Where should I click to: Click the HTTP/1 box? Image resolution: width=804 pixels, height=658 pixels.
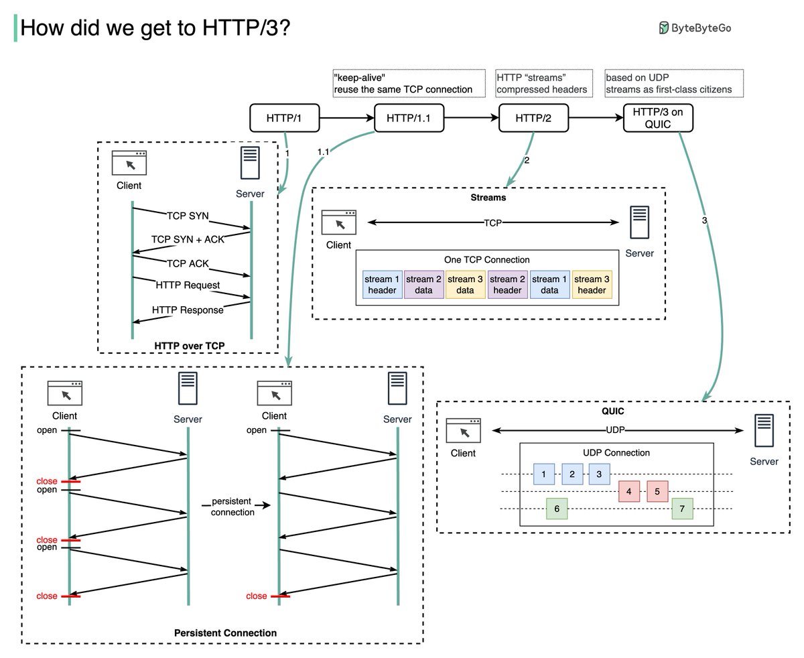coord(284,118)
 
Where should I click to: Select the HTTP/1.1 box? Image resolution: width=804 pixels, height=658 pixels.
coord(409,118)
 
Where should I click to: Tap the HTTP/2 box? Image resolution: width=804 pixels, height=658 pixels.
coord(533,118)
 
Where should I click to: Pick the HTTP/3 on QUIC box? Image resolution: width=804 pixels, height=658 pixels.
coord(657,118)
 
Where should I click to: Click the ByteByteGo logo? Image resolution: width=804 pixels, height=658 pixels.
coord(695,27)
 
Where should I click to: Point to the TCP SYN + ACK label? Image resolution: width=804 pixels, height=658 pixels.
coord(188,239)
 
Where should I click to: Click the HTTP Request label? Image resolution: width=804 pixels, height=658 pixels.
coord(188,285)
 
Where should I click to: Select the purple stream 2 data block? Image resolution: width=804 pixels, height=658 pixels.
coord(423,285)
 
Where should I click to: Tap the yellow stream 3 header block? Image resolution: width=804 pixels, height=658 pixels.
coord(592,285)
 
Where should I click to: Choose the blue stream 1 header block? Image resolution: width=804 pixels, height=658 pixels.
coord(382,285)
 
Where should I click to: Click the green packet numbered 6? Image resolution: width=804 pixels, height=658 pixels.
coord(557,509)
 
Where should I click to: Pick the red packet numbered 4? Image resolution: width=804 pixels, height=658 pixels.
coord(628,491)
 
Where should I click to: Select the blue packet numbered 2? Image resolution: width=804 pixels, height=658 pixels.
coord(572,474)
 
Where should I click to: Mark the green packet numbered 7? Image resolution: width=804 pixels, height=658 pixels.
coord(682,509)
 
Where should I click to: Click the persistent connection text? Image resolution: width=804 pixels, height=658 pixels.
coord(232,507)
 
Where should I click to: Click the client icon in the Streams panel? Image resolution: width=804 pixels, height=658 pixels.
coord(338,222)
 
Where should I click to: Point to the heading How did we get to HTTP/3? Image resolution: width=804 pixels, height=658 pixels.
coord(155,28)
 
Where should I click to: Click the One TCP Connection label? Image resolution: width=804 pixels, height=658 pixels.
coord(486,259)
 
